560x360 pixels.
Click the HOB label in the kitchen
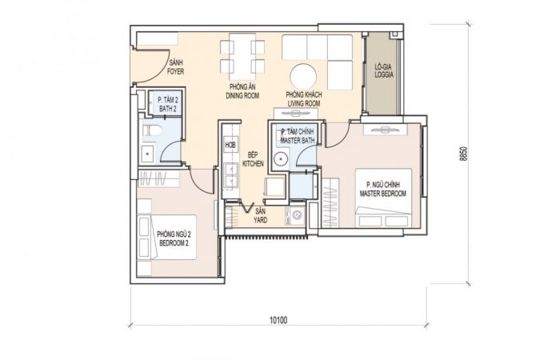click(230, 146)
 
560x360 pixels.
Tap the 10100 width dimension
click(278, 320)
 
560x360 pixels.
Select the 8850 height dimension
click(463, 154)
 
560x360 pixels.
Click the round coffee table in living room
click(303, 77)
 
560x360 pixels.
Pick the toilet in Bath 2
click(153, 130)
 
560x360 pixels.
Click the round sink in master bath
click(282, 158)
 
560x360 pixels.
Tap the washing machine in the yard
click(295, 216)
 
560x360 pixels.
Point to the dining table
click(242, 57)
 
